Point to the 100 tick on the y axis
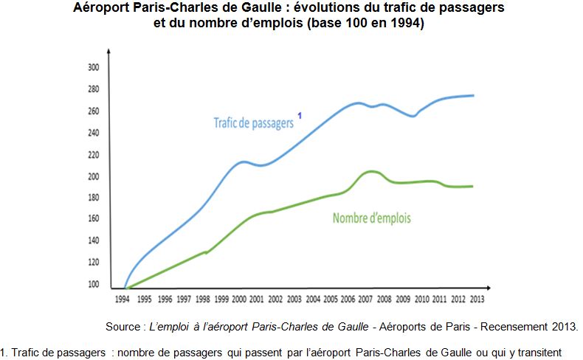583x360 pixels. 94,284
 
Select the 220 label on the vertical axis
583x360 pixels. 94,155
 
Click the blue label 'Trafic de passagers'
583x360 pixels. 253,123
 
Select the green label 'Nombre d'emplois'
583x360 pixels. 371,218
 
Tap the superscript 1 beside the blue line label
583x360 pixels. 300,115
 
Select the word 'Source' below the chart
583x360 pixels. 125,325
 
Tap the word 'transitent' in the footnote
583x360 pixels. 539,352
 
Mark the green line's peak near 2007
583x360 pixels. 372,171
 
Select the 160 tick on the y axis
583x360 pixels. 94,219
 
